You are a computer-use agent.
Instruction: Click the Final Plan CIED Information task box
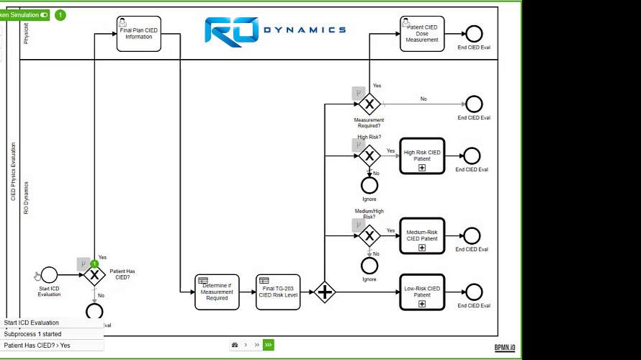[139, 34]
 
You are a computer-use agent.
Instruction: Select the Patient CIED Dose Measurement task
[421, 34]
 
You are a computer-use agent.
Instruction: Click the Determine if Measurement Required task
[217, 292]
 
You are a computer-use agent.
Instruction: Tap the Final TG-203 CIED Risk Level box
[278, 292]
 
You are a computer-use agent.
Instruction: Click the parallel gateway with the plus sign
[325, 292]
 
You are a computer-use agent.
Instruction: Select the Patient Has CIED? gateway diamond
[94, 275]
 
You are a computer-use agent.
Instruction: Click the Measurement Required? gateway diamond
[369, 104]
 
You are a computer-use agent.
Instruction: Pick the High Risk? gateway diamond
[369, 155]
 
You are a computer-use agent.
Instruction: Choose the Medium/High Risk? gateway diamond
[369, 235]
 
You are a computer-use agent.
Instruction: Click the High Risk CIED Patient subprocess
[422, 156]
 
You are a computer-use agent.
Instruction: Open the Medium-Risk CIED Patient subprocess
[422, 235]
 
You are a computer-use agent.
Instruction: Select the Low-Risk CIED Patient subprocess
[422, 292]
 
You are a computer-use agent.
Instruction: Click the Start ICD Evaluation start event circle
[49, 275]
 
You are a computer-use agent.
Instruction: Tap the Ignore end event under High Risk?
[369, 185]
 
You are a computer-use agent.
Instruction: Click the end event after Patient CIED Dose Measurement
[474, 33]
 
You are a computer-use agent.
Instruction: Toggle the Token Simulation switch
[45, 14]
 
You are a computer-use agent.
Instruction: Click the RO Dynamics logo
[275, 30]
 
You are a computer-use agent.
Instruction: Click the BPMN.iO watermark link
[505, 348]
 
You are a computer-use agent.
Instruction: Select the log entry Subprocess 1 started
[32, 334]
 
